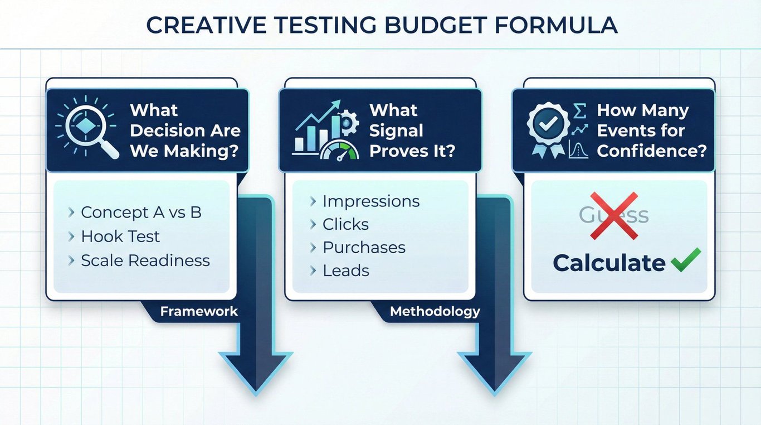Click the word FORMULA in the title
coord(555,25)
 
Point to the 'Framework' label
coord(199,311)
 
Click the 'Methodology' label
coord(435,312)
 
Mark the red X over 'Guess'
coord(614,215)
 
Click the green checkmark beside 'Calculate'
coord(686,260)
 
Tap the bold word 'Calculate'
coord(609,263)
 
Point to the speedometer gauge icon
coord(339,151)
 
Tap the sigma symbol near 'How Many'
coord(579,111)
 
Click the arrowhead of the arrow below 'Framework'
coord(256,374)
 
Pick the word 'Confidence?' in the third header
coord(652,151)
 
